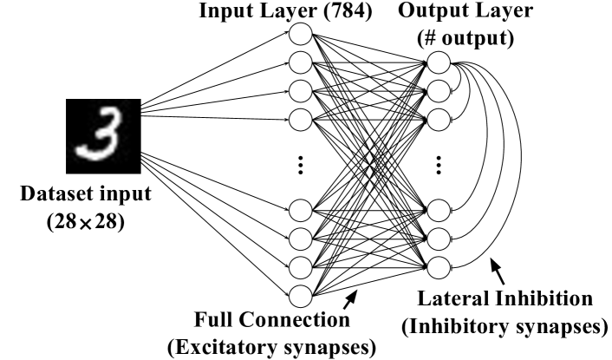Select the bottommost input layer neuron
pyautogui.click(x=300, y=293)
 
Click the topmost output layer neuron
pyautogui.click(x=438, y=63)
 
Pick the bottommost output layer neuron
pyautogui.click(x=438, y=265)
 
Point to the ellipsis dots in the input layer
pyautogui.click(x=300, y=163)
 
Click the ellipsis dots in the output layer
pyautogui.click(x=439, y=163)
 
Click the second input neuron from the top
pyautogui.click(x=300, y=62)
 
